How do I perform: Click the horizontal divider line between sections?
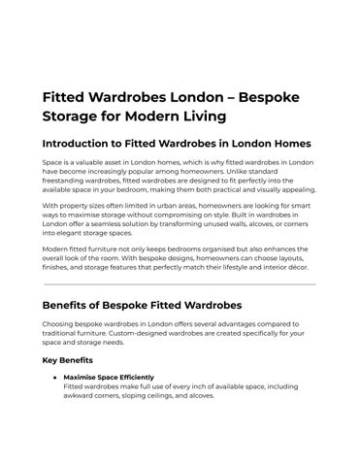click(180, 284)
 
